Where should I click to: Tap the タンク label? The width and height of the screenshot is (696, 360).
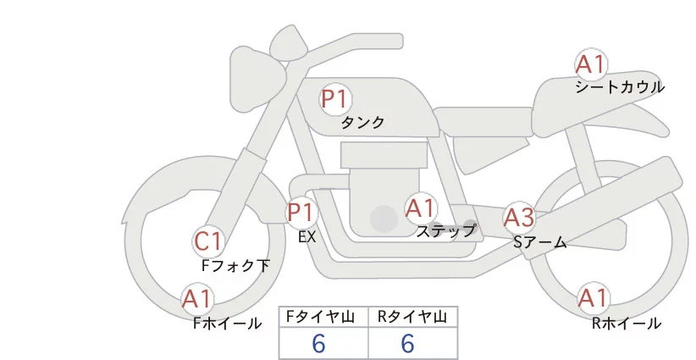coord(362,123)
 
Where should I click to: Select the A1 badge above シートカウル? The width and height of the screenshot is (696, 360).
coord(591,64)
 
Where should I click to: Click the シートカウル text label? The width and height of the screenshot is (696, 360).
coord(620,87)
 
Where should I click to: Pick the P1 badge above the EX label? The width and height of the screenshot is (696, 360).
coord(301,212)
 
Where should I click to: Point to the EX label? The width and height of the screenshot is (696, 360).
coord(307,236)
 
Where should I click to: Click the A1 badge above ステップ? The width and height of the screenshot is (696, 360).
coord(420,208)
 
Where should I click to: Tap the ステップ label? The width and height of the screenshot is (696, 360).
coord(445,230)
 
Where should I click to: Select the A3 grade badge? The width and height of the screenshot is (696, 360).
coord(518,218)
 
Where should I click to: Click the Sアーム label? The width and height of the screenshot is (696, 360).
coord(539,242)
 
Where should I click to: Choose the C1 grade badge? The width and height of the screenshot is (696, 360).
coord(208,241)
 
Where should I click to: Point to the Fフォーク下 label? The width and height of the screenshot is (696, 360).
coord(235,265)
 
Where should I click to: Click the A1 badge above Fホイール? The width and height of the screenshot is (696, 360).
coord(198,299)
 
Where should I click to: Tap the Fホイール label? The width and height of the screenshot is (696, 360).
coord(227,323)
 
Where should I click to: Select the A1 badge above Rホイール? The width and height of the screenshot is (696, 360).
coord(592,298)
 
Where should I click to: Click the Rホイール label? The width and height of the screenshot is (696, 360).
coord(627,323)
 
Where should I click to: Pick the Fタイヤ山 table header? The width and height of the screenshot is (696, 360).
coord(323,317)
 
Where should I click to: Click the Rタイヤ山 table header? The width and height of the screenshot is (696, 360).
coord(412,317)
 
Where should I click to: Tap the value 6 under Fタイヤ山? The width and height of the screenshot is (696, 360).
coord(319,344)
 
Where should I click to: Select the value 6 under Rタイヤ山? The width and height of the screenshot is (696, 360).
coord(407,344)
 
